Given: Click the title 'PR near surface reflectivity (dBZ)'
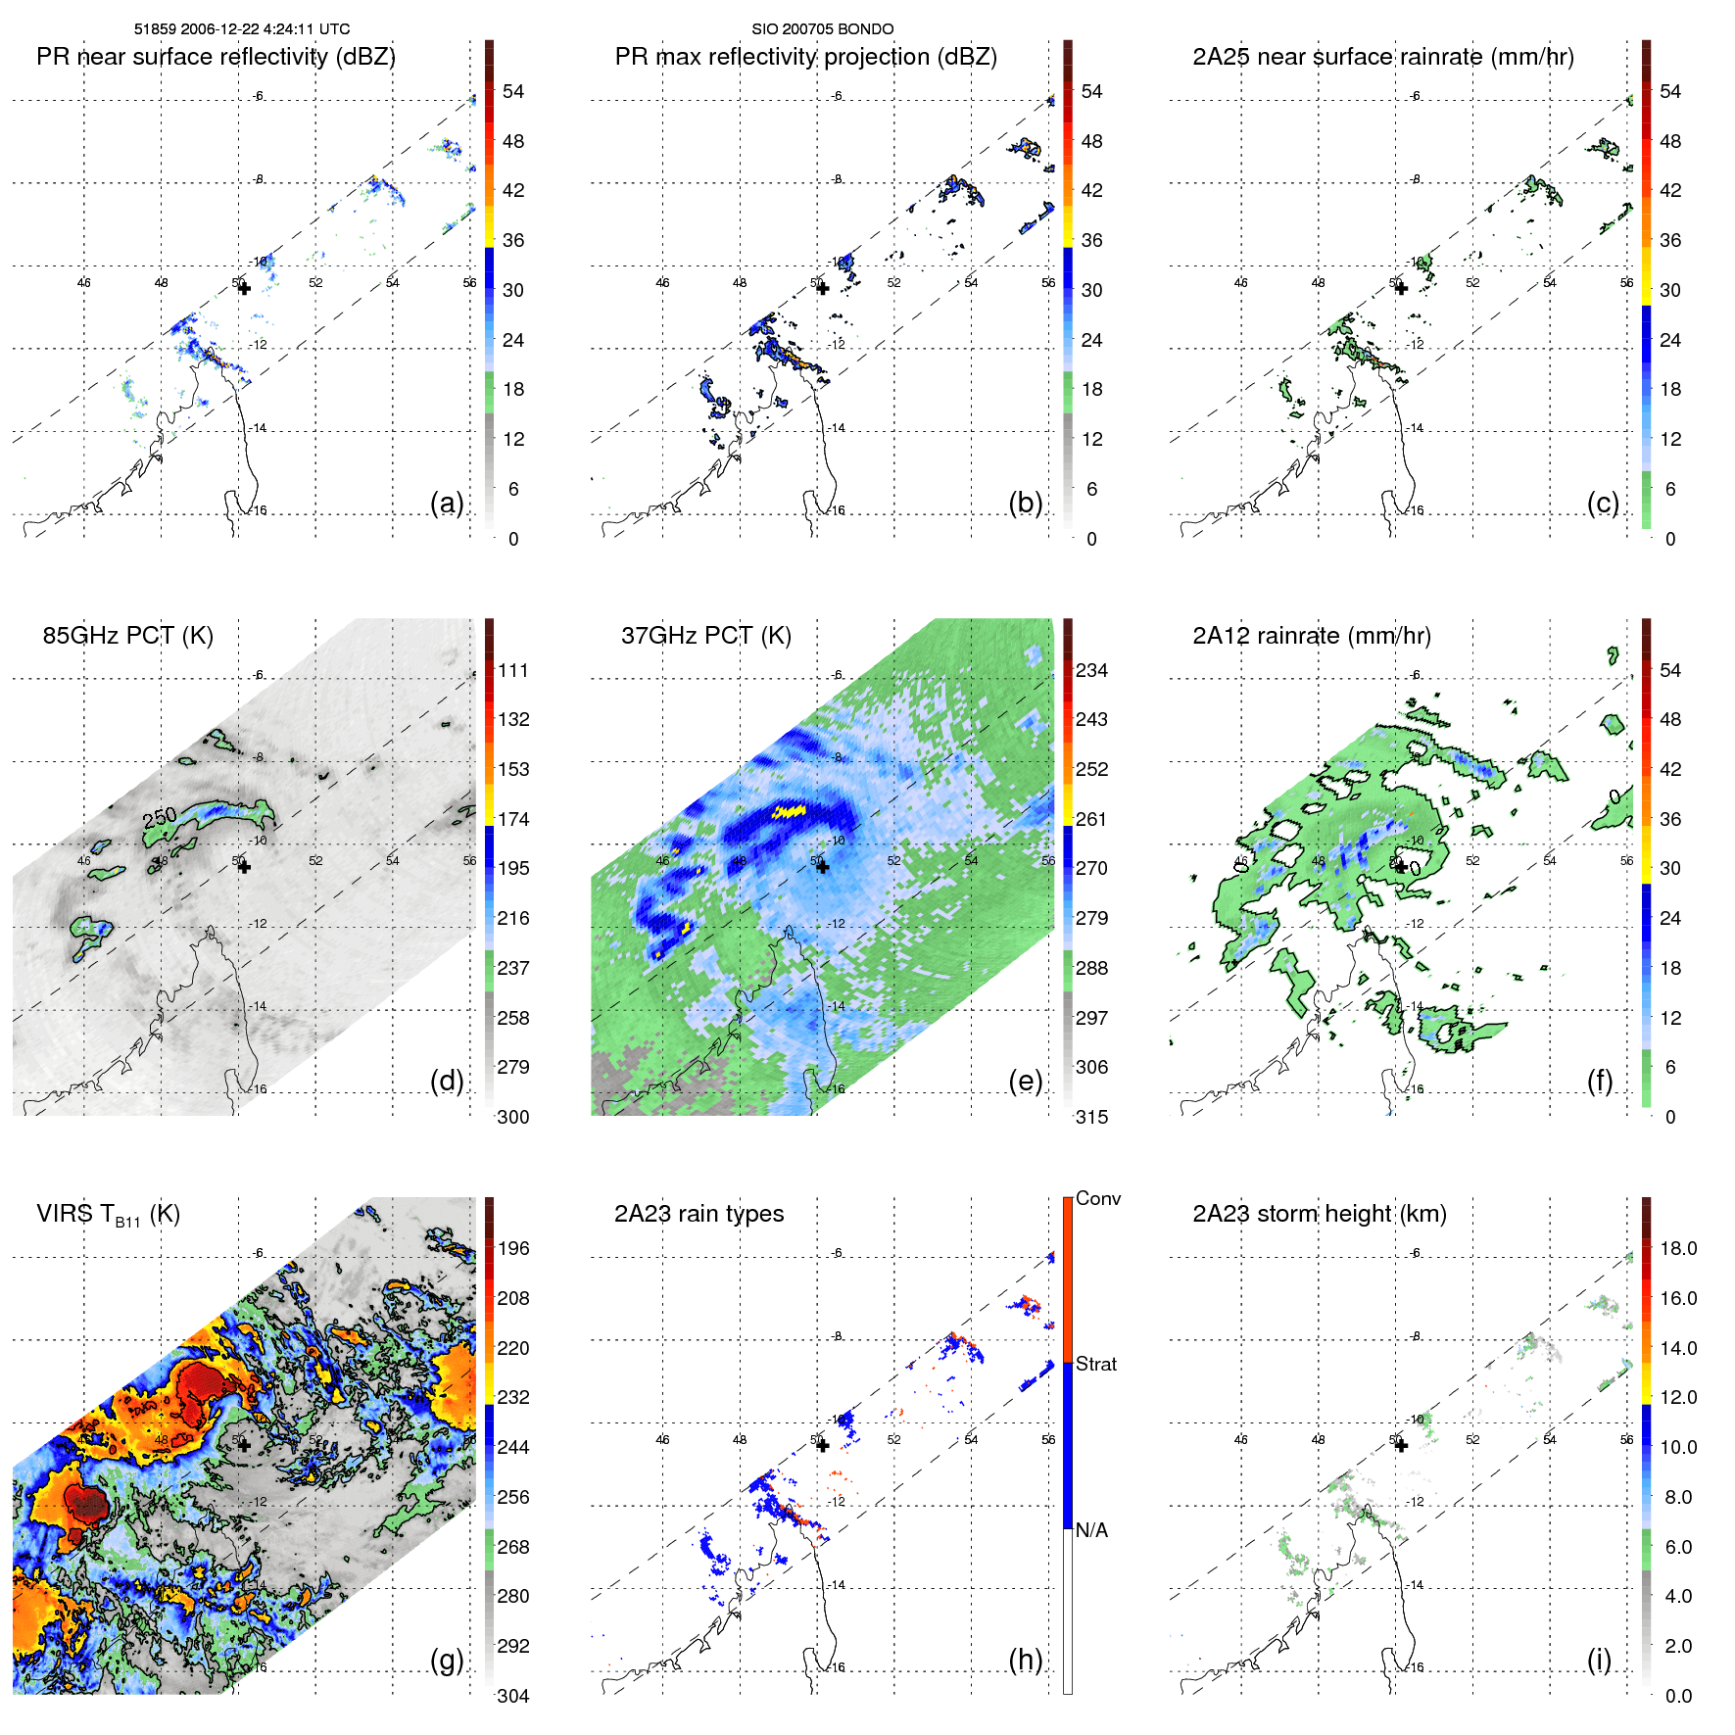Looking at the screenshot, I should point(216,57).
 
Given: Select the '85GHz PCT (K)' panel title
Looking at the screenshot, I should point(127,636).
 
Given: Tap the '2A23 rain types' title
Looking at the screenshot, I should point(699,1214).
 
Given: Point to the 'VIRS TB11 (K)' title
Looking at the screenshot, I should point(108,1215).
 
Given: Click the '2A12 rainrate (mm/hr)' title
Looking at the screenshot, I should point(1311,636).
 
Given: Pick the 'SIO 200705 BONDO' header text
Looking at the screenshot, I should point(822,29).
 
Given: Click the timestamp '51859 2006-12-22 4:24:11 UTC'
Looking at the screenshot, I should point(242,29).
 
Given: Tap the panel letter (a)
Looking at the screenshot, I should point(447,503).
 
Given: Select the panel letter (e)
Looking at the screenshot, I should point(1025,1081).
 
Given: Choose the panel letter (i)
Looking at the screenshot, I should point(1599,1660).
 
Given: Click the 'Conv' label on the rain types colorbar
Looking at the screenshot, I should point(1097,1198).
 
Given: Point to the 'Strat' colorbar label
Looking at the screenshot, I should point(1095,1364).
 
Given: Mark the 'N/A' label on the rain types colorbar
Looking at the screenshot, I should point(1090,1530).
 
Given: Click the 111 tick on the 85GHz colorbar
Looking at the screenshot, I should point(513,670).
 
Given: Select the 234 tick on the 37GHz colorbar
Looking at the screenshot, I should point(1091,670).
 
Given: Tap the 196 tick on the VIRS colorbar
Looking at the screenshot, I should point(513,1248).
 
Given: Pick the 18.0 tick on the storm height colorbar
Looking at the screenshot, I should point(1677,1248).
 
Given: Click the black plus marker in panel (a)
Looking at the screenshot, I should point(244,288).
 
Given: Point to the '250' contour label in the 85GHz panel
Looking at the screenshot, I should point(160,816).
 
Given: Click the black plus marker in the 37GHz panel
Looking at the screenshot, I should point(822,866).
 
